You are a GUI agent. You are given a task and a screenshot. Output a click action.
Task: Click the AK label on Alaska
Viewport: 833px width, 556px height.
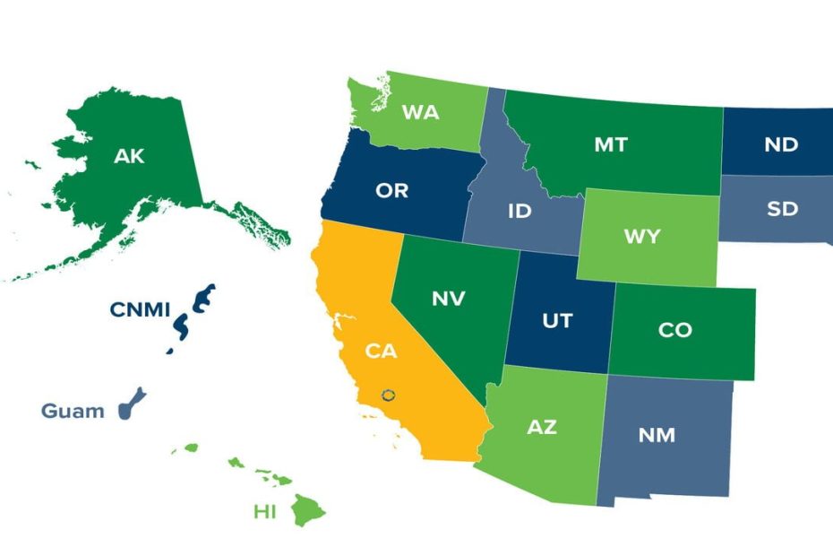[129, 156]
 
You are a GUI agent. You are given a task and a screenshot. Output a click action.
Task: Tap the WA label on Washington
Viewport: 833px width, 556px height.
[419, 112]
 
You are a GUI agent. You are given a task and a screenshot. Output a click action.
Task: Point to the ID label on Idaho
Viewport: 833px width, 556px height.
[520, 212]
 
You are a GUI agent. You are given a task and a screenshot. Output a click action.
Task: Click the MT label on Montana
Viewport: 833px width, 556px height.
[611, 143]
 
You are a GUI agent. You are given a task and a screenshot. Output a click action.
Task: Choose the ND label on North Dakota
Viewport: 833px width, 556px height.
[781, 144]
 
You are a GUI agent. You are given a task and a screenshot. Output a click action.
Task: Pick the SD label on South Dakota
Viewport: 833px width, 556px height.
[782, 210]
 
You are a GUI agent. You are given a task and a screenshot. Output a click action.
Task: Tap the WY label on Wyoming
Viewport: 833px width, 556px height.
[641, 237]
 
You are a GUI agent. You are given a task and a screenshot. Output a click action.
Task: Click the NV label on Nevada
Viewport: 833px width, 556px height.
[448, 299]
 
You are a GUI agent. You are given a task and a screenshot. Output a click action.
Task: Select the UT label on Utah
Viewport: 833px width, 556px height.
[557, 320]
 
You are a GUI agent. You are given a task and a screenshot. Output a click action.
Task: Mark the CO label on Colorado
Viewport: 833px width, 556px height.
[674, 330]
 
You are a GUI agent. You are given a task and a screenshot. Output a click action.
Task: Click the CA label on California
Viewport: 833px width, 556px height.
[381, 351]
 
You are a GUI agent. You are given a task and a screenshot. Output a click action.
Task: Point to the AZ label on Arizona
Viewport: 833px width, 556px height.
[541, 427]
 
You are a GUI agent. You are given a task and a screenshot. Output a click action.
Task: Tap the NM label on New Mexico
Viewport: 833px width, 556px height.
[657, 436]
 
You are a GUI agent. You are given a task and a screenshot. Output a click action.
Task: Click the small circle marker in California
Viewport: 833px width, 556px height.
[388, 394]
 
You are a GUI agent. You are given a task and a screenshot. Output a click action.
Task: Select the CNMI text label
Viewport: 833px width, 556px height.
[141, 309]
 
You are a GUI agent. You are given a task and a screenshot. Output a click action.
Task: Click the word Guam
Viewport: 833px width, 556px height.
[66, 412]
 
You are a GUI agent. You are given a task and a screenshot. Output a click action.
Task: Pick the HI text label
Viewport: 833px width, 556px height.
[264, 512]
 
